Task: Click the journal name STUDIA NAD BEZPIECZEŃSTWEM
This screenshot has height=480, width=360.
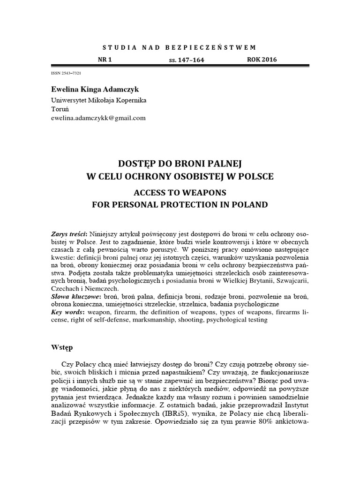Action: (180, 47)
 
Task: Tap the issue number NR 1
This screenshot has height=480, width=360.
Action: (105, 60)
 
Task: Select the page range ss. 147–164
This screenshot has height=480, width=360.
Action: (186, 60)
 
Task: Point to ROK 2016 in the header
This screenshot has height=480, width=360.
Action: (262, 60)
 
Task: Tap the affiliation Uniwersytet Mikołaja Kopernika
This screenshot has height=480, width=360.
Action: (98, 100)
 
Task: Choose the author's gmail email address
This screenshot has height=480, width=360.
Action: (98, 118)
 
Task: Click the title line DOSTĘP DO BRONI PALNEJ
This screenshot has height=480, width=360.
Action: (180, 164)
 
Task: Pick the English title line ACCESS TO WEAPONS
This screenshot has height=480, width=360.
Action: (180, 193)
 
